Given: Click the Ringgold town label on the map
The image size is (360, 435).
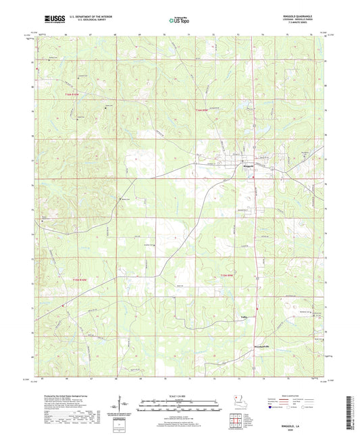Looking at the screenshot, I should (x=247, y=166).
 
